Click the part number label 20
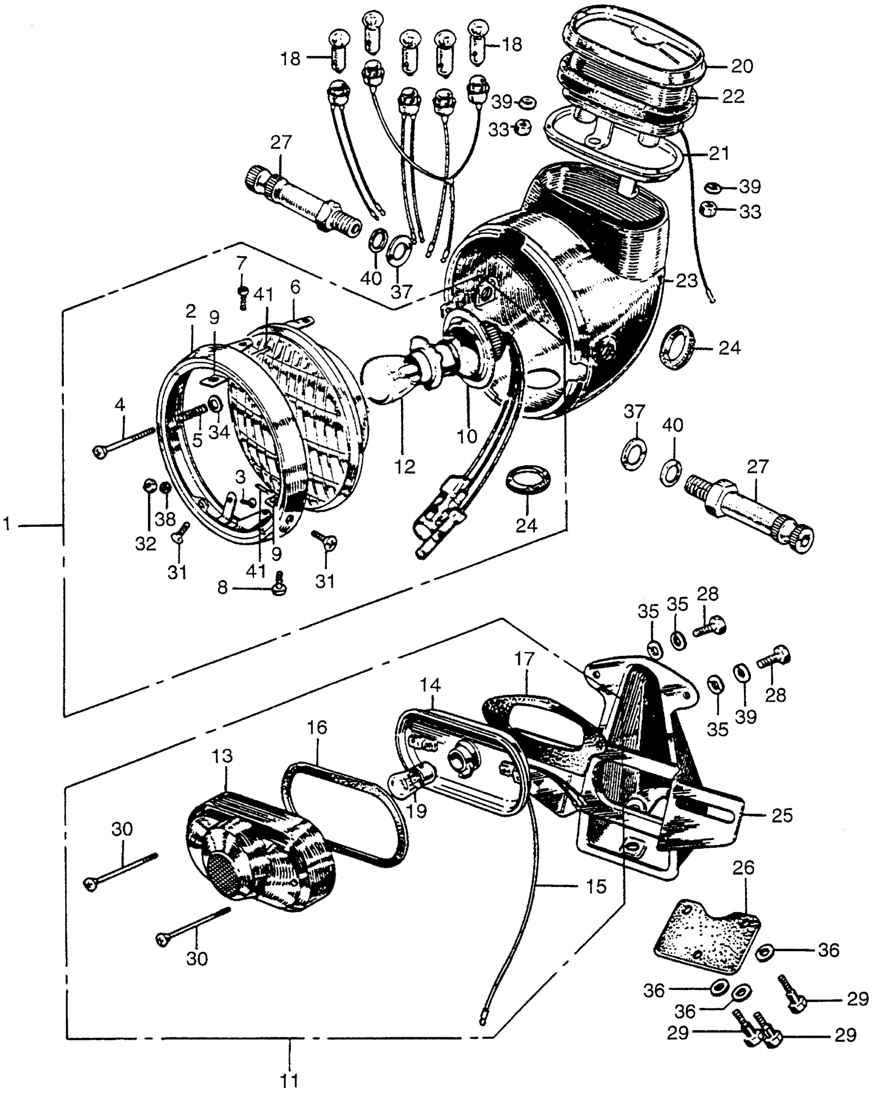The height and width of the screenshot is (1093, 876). click(x=742, y=66)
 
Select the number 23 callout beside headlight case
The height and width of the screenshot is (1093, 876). click(x=687, y=281)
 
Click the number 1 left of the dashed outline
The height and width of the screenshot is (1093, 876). click(x=7, y=525)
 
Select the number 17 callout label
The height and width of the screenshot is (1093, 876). click(x=525, y=659)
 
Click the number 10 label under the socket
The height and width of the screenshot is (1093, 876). click(x=467, y=436)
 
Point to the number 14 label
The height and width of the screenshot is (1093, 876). click(x=430, y=685)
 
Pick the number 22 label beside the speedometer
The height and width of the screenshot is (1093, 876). click(x=733, y=97)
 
